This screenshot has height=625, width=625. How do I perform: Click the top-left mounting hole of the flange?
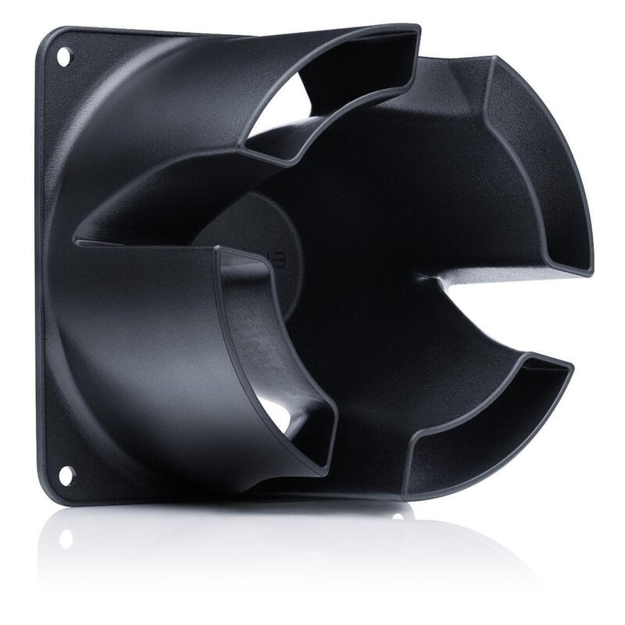coord(63,56)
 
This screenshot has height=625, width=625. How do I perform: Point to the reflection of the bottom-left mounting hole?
coord(66,538)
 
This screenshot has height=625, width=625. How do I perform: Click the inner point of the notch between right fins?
coord(422,277)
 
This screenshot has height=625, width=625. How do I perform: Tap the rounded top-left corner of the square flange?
coord(48,35)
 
